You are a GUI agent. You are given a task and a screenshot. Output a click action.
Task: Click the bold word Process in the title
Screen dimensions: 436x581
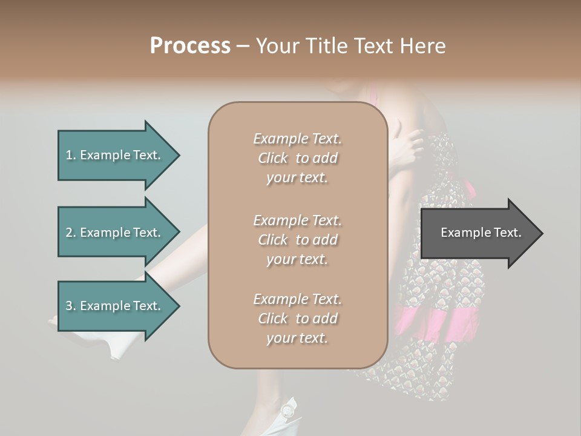point(190,46)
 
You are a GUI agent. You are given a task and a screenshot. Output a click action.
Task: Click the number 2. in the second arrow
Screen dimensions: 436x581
point(70,233)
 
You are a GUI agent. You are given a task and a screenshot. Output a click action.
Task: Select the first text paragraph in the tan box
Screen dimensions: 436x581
point(297,158)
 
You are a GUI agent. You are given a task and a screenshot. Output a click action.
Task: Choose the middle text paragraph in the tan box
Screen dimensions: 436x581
point(297,240)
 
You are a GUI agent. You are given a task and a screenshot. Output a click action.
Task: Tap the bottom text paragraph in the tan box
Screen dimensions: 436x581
point(297,319)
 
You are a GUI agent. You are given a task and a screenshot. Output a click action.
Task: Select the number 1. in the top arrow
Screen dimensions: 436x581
point(70,155)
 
